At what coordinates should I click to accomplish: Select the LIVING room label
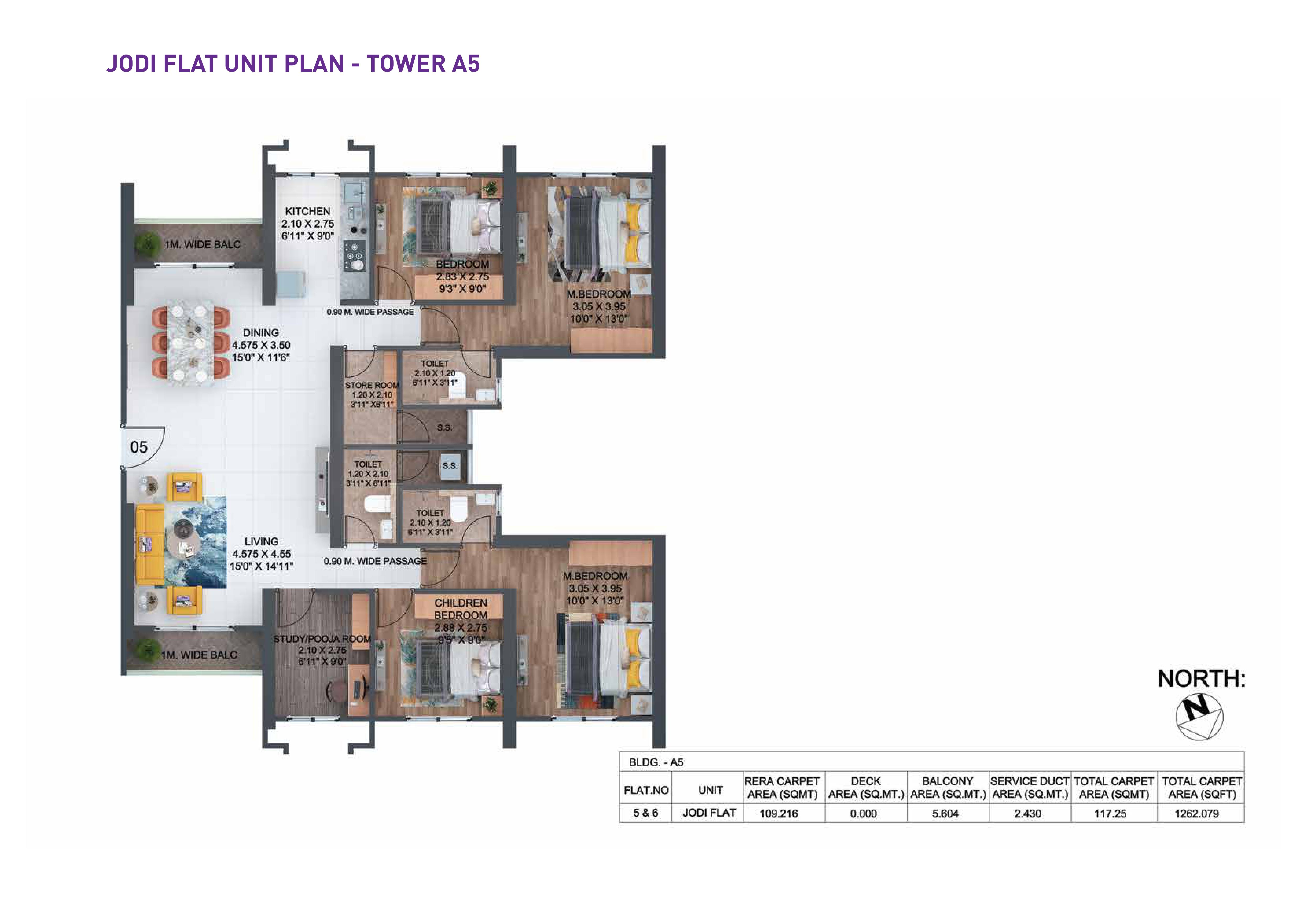pyautogui.click(x=261, y=542)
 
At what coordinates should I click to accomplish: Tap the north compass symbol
pyautogui.click(x=1199, y=717)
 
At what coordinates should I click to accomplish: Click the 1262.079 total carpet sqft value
pyautogui.click(x=1197, y=814)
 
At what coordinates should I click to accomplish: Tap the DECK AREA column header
pyautogui.click(x=866, y=788)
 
